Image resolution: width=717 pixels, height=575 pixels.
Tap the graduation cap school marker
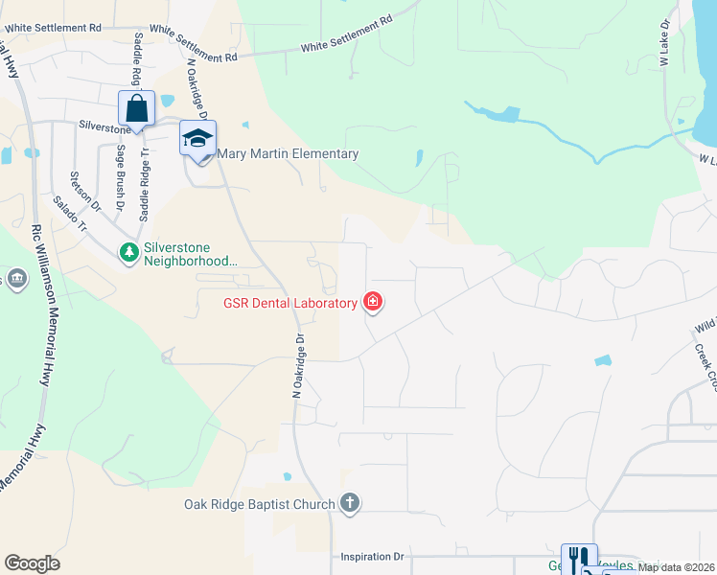click(x=197, y=138)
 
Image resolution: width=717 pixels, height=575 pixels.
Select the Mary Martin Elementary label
click(x=288, y=153)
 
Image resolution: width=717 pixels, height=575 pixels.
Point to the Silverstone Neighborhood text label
click(x=190, y=253)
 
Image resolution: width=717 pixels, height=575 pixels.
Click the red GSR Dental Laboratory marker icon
click(x=373, y=303)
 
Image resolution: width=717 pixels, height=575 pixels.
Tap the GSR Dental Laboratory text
click(x=290, y=304)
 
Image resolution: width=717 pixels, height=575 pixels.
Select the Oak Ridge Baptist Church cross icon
click(x=350, y=502)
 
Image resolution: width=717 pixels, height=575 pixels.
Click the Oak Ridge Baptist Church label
click(x=260, y=504)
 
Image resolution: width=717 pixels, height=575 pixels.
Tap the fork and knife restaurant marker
click(x=578, y=559)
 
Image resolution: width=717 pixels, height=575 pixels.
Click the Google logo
click(x=32, y=563)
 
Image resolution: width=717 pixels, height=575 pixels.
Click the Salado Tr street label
click(x=70, y=214)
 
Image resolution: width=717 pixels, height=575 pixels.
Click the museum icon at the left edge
click(x=16, y=278)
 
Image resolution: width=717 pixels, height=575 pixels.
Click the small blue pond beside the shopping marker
click(x=168, y=101)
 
